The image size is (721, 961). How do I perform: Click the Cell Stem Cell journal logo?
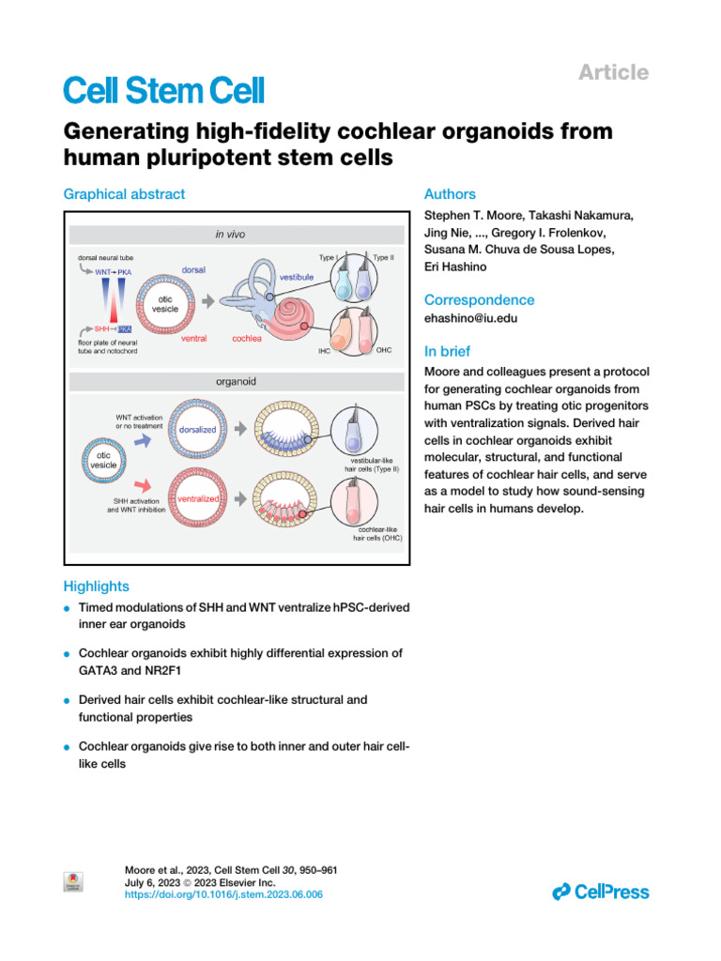pos(163,91)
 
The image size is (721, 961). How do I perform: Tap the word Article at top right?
pos(613,72)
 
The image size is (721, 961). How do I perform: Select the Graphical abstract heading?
pos(124,194)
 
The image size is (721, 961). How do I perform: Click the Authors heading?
pos(450,194)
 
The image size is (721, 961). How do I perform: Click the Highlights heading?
pos(96,587)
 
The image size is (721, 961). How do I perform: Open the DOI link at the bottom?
pos(223,895)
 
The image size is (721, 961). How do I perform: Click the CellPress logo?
pos(601,892)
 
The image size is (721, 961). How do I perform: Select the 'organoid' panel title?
pos(237,383)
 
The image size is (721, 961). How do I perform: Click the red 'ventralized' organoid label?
pos(193,499)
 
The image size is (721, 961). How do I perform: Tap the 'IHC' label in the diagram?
pos(325,352)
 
